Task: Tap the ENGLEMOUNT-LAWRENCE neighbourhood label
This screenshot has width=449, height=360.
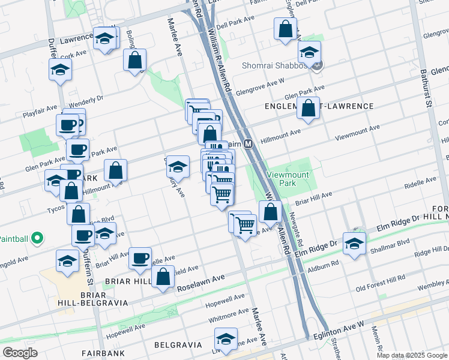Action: point(319,106)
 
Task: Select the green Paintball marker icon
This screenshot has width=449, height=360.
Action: point(36,239)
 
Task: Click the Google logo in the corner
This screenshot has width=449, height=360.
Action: point(19,353)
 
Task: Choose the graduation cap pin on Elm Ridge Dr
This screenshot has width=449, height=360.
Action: point(355,244)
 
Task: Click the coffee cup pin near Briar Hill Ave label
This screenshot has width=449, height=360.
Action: point(140,258)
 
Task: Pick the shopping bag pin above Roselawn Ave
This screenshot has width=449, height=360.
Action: point(163,277)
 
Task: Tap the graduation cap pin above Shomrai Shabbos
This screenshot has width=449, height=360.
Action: point(310,52)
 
